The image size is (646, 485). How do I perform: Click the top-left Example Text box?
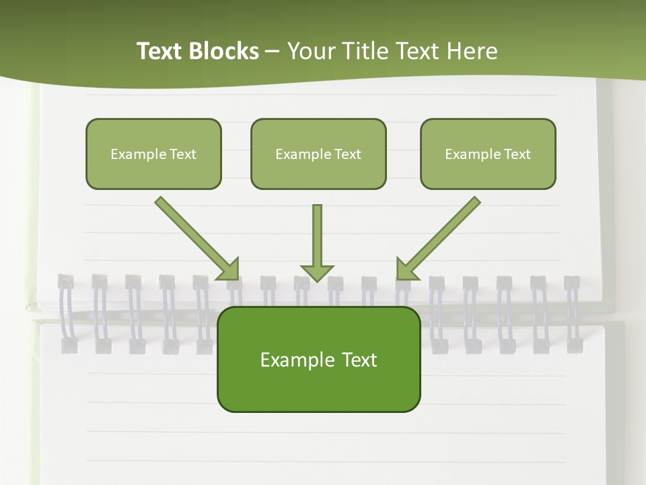[153, 154]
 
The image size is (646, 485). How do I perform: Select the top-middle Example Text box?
[318, 154]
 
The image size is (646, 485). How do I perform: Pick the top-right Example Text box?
[488, 154]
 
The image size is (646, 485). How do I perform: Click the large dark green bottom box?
[318, 360]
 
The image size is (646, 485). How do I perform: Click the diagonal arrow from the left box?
[195, 236]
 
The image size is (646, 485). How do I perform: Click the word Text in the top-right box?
[517, 154]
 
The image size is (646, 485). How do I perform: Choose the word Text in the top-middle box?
[347, 154]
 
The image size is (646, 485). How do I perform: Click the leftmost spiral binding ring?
[66, 313]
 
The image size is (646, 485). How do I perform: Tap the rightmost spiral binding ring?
[572, 313]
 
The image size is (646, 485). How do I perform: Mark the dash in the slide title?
[273, 51]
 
